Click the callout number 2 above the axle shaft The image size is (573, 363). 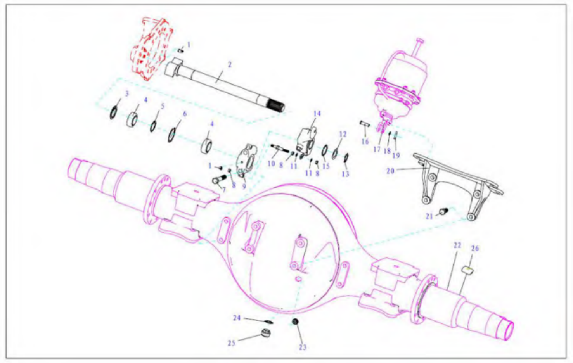[229, 65]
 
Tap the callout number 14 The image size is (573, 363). [317, 114]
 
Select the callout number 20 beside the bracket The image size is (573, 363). [390, 171]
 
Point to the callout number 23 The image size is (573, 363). [303, 347]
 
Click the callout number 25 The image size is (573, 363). [231, 343]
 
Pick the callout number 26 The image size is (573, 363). [475, 249]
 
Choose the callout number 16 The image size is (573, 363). [365, 142]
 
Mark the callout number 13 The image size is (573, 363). [345, 174]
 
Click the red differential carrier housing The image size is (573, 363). [151, 48]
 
